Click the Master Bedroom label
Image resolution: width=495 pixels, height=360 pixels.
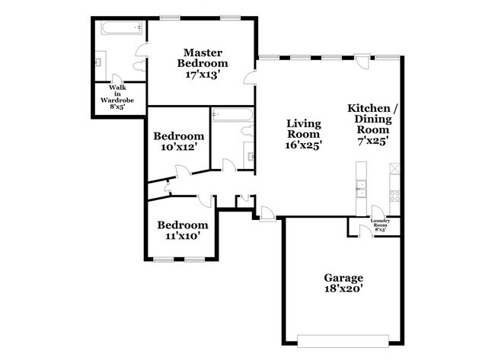point(202,59)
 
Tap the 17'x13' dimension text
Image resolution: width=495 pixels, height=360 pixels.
point(202,75)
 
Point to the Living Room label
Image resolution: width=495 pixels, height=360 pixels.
point(303,130)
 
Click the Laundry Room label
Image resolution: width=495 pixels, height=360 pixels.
point(379,225)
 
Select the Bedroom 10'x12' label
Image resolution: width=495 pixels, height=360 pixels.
point(178,142)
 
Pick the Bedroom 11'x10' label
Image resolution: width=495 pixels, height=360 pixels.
point(182,230)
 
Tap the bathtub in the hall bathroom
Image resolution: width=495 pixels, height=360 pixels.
point(232,116)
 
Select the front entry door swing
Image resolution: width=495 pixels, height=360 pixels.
point(266,212)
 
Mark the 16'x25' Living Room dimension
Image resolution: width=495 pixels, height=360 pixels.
point(303,145)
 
